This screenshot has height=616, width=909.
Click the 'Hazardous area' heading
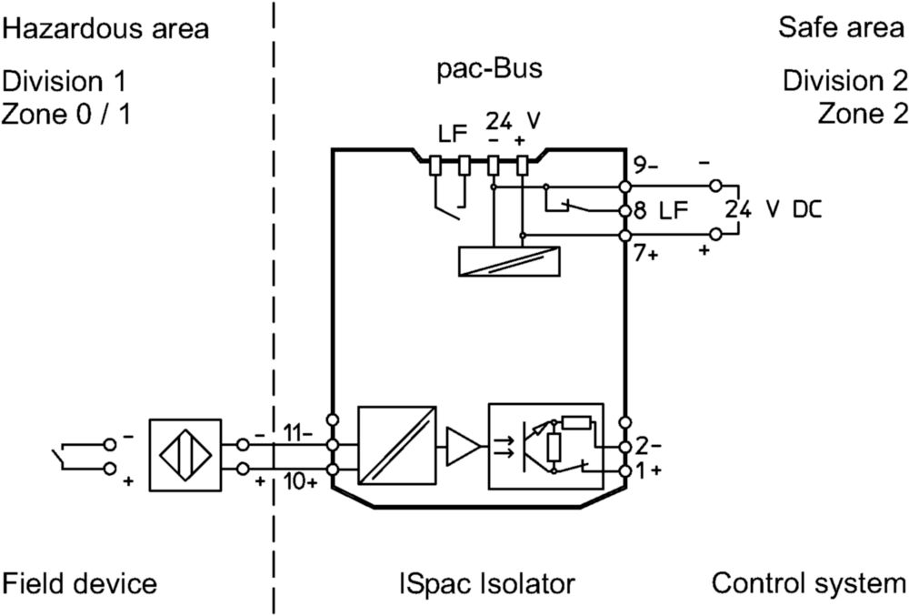point(105,28)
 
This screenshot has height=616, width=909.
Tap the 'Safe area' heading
point(841,27)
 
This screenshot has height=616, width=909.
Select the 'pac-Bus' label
point(489,68)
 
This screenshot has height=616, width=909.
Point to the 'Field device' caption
point(79,583)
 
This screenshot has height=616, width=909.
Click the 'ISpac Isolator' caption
point(487,583)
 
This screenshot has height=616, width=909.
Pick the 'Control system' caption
point(809,583)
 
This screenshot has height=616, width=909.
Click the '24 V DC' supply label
point(774,209)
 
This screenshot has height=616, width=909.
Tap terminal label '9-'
point(645,166)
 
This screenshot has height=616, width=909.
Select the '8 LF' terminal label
point(660,210)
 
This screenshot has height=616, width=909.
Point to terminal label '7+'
point(645,254)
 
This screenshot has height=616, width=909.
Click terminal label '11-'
point(297,433)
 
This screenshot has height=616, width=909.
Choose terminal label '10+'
point(300,481)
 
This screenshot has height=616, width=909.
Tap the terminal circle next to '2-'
point(625,447)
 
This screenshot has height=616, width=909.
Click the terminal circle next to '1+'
point(625,471)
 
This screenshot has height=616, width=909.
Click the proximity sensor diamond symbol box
point(185,455)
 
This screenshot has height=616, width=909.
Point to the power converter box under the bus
point(509,261)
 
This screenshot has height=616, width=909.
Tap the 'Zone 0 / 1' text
point(66,114)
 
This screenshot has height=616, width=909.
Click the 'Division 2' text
point(844,81)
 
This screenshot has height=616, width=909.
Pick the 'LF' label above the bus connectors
point(452,134)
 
